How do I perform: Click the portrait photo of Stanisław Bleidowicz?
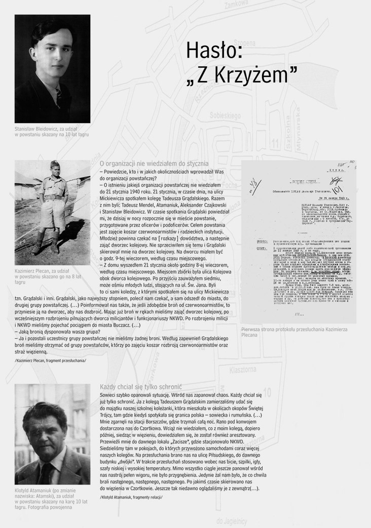pyautogui.click(x=52, y=68)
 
